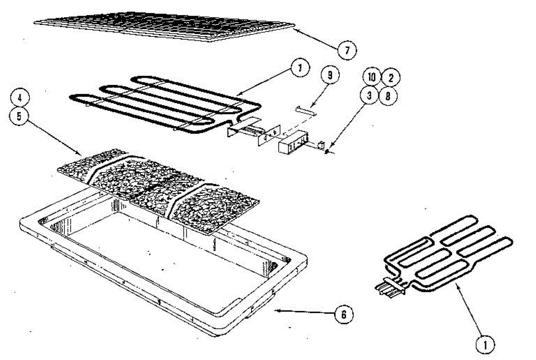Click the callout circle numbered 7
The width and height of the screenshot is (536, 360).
(x=347, y=50)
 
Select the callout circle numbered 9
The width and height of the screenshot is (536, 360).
(x=330, y=76)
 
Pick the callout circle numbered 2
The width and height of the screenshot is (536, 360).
(x=390, y=78)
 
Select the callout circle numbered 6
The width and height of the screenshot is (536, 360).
(x=343, y=314)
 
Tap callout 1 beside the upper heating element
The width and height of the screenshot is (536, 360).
(x=300, y=69)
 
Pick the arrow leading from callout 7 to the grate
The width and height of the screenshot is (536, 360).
(x=315, y=38)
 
